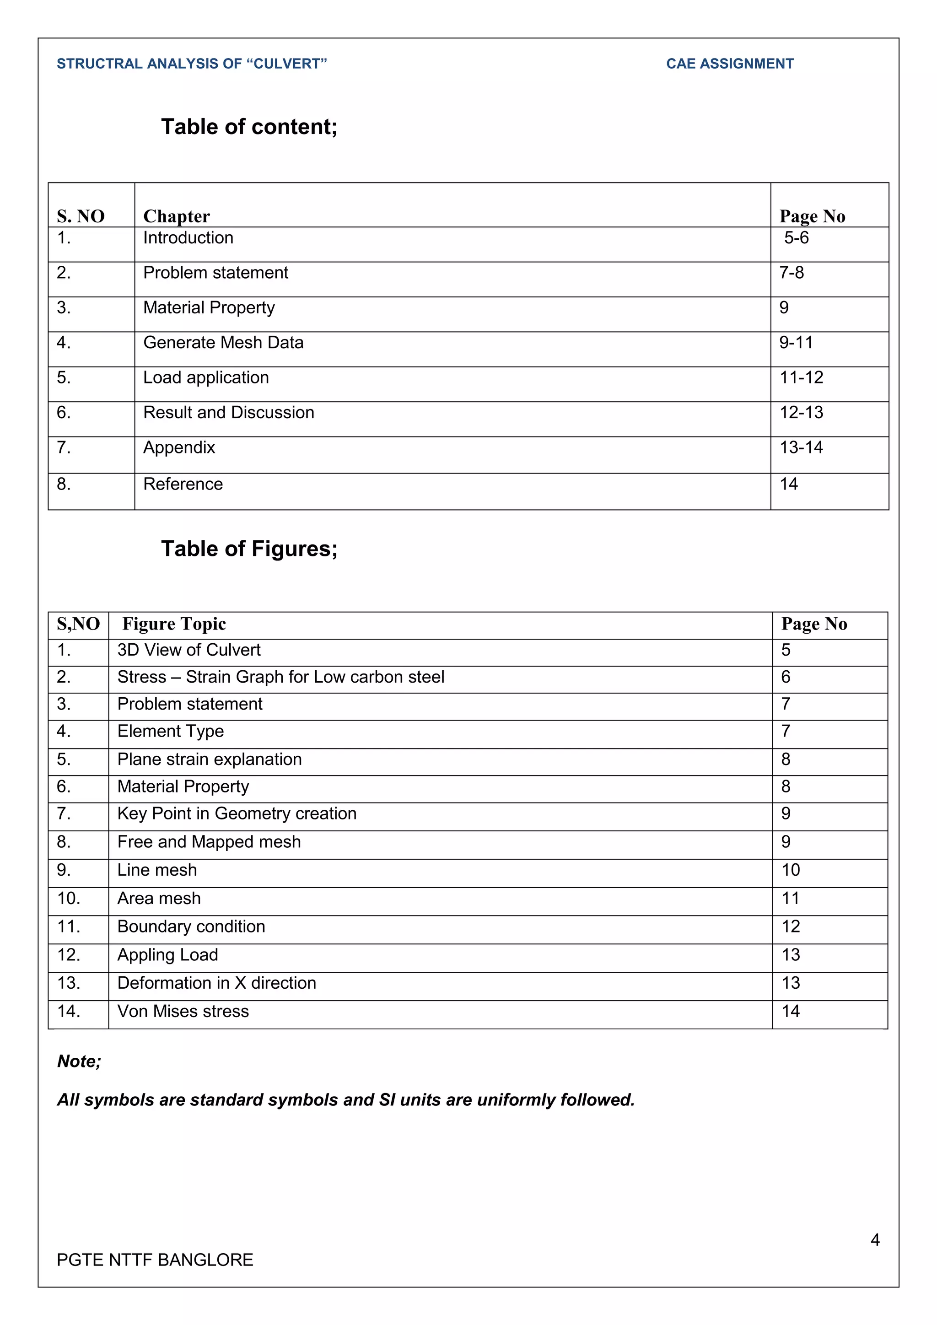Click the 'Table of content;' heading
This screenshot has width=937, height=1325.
click(249, 127)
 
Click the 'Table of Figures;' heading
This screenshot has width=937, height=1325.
click(249, 549)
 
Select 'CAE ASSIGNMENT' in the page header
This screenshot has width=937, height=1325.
click(729, 64)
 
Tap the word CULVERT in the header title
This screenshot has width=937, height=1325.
click(287, 64)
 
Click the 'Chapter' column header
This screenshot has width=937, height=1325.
click(176, 216)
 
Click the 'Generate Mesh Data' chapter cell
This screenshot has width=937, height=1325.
click(223, 343)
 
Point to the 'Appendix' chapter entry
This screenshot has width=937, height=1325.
click(179, 448)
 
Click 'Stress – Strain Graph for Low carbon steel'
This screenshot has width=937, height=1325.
click(280, 677)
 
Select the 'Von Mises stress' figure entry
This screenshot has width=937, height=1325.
click(183, 1012)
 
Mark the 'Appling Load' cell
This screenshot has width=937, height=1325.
click(167, 955)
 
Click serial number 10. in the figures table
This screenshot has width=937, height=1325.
click(69, 899)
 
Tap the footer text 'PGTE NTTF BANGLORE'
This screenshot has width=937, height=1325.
click(155, 1260)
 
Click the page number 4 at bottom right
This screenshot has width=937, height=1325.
click(875, 1239)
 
